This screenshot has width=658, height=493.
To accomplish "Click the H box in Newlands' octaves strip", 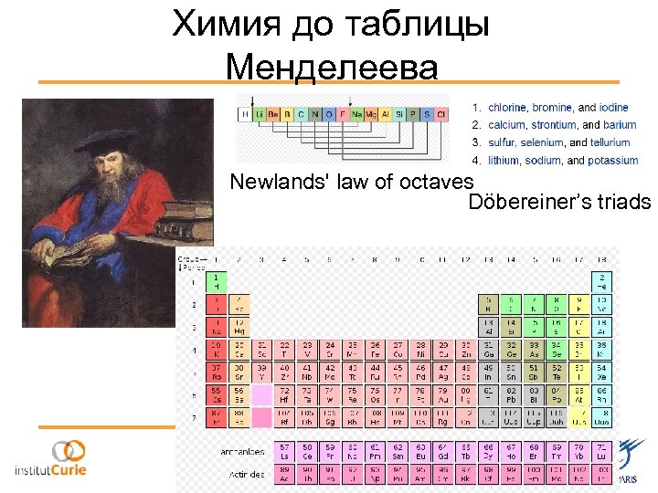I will pos(244,114).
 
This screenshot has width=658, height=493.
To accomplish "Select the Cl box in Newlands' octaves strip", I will pos(441,114).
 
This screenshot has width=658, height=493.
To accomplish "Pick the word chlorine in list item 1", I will pos(507,108).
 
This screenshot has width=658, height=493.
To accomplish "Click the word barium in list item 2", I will pos(620,125).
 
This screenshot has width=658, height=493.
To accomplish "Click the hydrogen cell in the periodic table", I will pos(216,280).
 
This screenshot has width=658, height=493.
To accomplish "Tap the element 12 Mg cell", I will pos(238,327).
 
